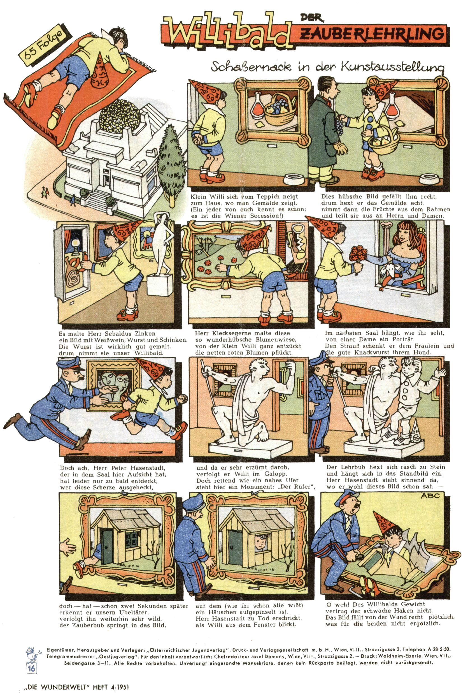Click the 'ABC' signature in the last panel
[430, 495]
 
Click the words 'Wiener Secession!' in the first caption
[254, 216]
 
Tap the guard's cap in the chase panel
[67, 364]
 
